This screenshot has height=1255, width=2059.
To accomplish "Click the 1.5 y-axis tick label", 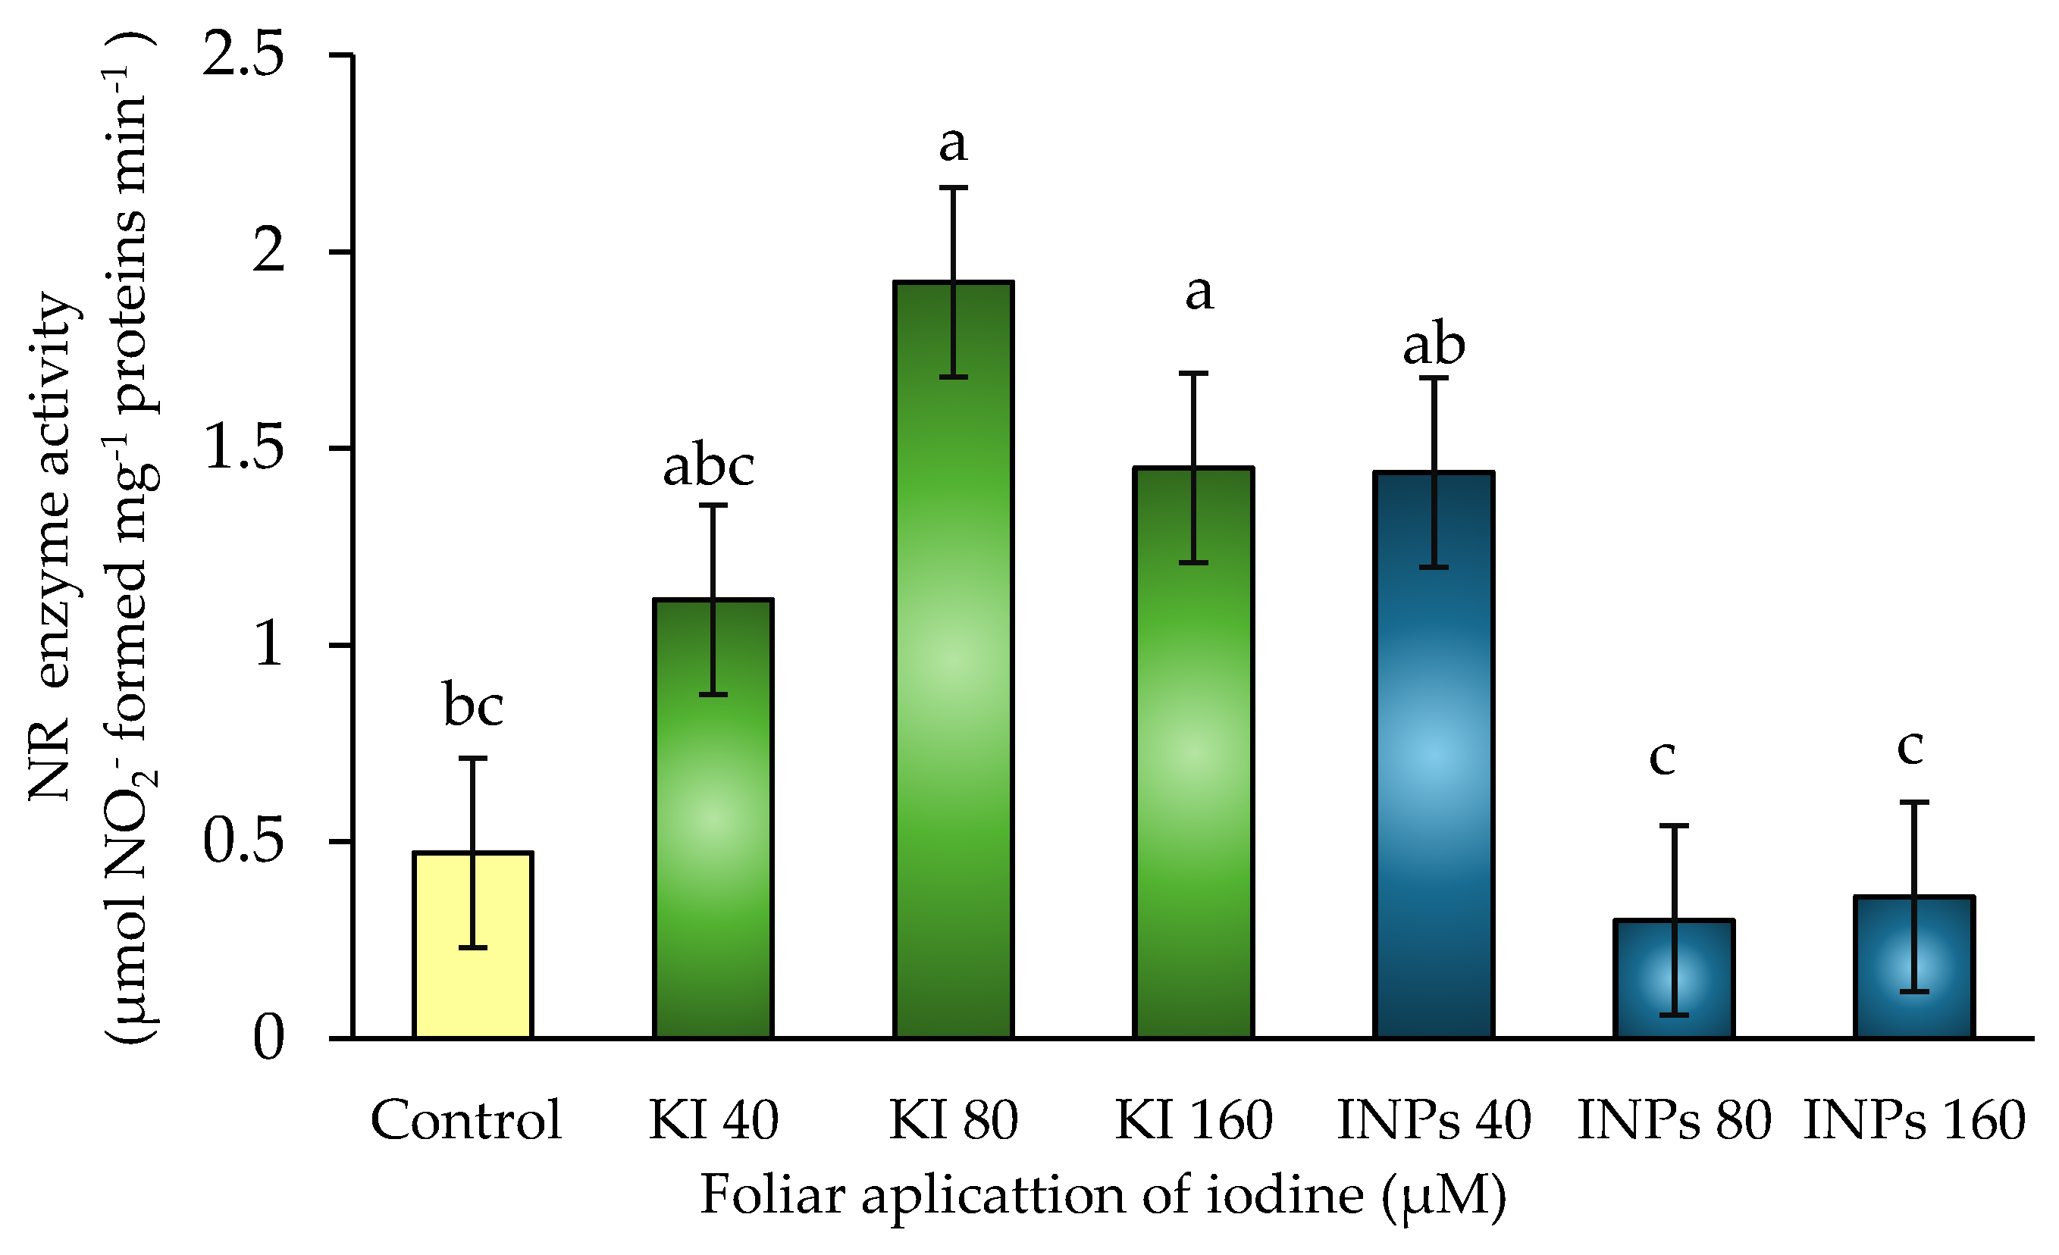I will click(243, 449).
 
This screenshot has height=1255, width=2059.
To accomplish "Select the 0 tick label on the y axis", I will click(268, 1038).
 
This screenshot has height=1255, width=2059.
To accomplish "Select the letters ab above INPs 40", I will click(1434, 344).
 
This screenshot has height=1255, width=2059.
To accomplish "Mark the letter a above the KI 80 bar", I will click(954, 144).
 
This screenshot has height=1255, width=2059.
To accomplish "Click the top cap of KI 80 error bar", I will click(954, 188).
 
